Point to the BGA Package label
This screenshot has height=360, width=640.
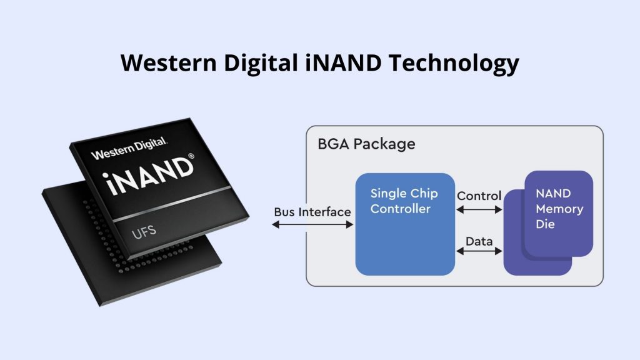coord(366,144)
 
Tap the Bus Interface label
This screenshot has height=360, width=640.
coord(312,212)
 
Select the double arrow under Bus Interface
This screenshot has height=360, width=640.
coord(313,225)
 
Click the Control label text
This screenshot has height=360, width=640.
coord(479,196)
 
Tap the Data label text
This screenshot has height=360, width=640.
coord(479,241)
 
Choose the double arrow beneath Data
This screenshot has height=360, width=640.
coord(479,251)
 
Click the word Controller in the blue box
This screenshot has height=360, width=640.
coord(401,209)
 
